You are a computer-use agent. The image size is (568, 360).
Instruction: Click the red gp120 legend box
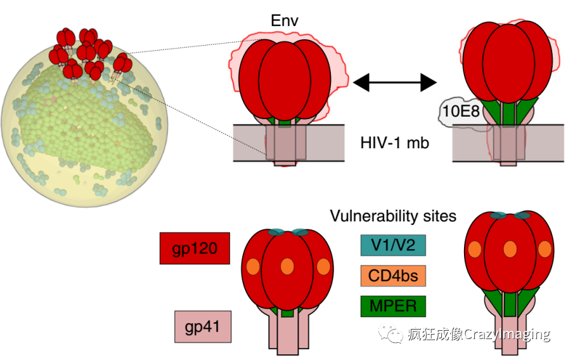(195, 248)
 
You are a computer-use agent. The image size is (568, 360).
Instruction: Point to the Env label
(285, 22)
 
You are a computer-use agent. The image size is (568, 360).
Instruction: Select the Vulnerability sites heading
(393, 216)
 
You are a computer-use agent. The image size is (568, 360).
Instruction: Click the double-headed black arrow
(394, 81)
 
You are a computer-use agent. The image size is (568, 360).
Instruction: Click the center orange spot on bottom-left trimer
(287, 266)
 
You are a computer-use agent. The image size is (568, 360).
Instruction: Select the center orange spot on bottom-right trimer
(509, 250)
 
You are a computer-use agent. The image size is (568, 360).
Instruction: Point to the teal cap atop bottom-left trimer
(287, 233)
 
